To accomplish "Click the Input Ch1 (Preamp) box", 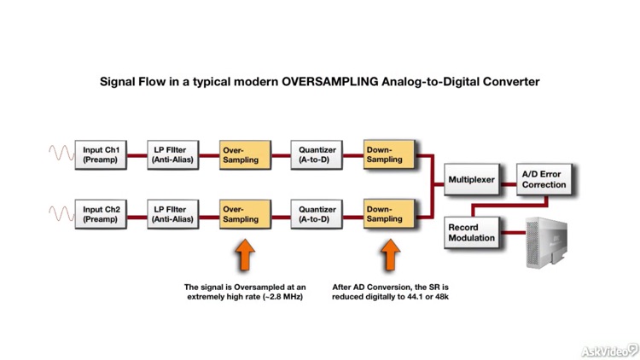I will pyautogui.click(x=99, y=155).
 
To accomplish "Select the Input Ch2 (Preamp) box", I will pyautogui.click(x=99, y=213).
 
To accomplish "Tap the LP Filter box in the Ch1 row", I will pyautogui.click(x=171, y=155).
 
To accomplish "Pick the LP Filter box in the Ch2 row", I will pyautogui.click(x=171, y=213).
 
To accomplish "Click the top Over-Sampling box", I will pyautogui.click(x=244, y=155).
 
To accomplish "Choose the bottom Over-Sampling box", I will pyautogui.click(x=244, y=213).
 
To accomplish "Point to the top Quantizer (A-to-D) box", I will pyautogui.click(x=317, y=155).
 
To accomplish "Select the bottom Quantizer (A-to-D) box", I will pyautogui.click(x=317, y=213).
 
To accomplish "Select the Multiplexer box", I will pyautogui.click(x=472, y=180).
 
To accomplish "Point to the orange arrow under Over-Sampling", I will pyautogui.click(x=244, y=255).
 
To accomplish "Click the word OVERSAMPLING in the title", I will pyautogui.click(x=301, y=83).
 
